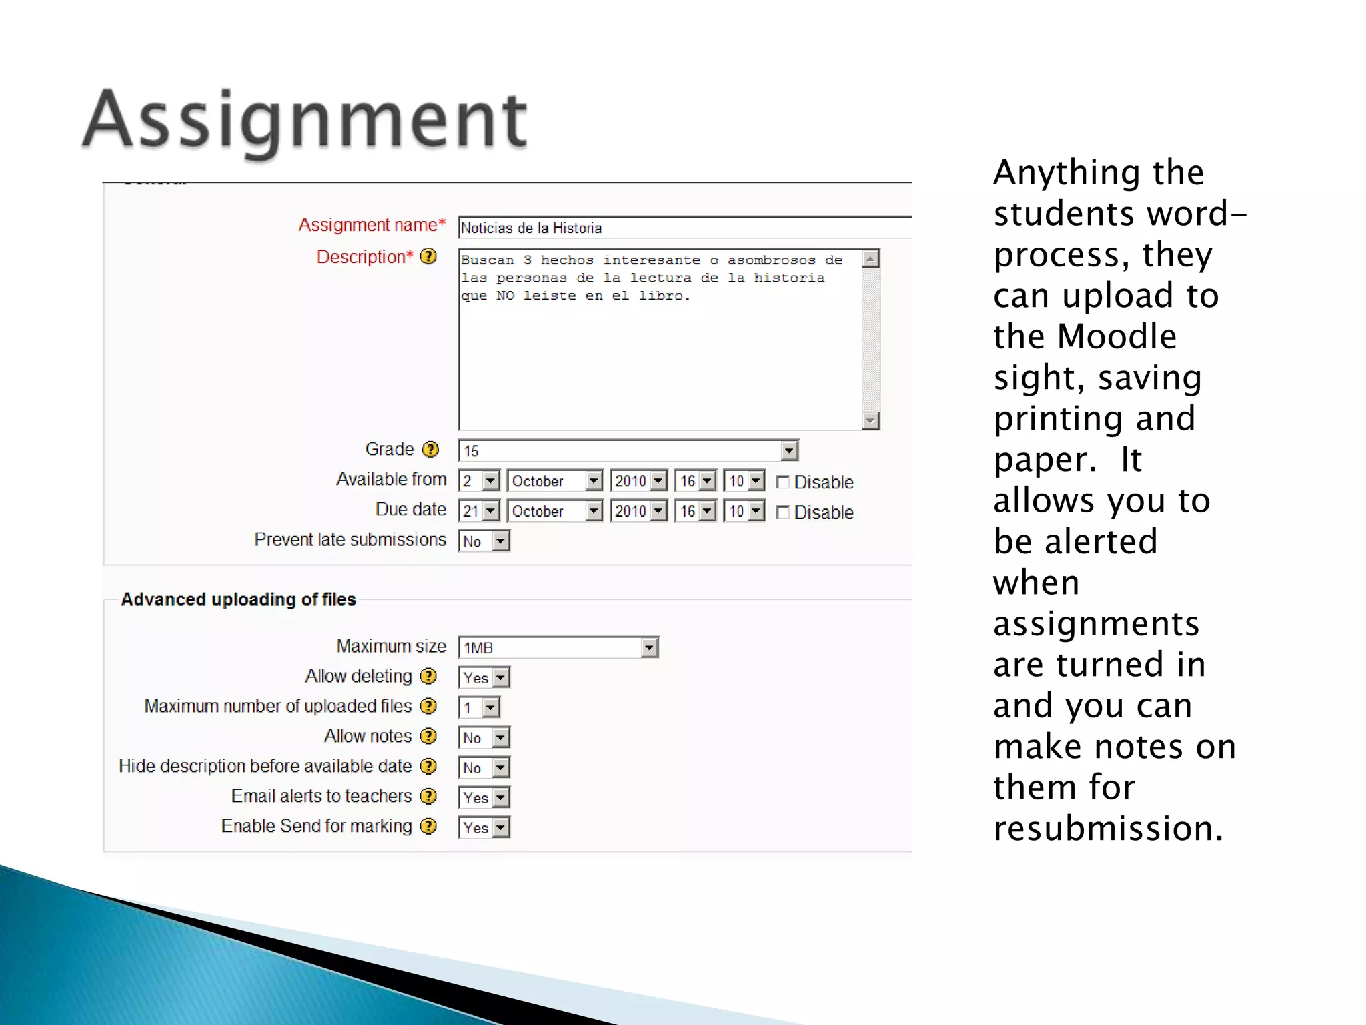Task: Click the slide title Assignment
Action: [x=305, y=121]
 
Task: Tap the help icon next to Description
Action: [x=428, y=256]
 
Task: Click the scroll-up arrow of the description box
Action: [x=870, y=259]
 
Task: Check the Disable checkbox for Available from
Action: [x=783, y=482]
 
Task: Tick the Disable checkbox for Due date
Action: [x=783, y=512]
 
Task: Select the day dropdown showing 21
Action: [x=479, y=511]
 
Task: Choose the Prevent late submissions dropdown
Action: [x=484, y=541]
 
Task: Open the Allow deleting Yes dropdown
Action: [x=484, y=678]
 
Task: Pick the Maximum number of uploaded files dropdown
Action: [x=479, y=708]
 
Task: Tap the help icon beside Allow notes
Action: [x=428, y=736]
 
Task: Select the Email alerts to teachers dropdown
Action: [x=484, y=798]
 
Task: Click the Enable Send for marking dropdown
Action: [x=484, y=828]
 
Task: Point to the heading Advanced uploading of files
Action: [x=238, y=599]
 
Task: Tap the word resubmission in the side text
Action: [x=1108, y=829]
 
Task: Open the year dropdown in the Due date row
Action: [x=638, y=511]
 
